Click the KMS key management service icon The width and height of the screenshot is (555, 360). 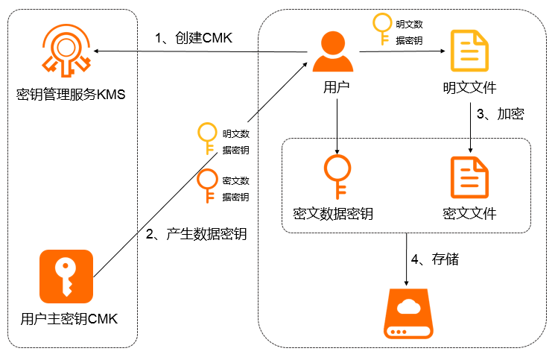click(x=65, y=49)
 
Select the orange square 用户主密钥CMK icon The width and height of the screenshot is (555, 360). click(x=66, y=277)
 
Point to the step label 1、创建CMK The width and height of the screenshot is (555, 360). click(x=194, y=38)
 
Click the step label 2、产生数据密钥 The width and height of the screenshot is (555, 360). click(x=196, y=234)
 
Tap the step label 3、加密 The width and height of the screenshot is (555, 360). click(x=500, y=114)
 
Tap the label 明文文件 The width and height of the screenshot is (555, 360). click(x=470, y=89)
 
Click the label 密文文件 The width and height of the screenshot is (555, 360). click(x=469, y=214)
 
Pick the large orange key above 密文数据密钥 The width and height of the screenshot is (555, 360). click(x=336, y=176)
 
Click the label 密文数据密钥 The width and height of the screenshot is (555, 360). click(x=336, y=214)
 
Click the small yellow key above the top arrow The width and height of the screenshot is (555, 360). click(x=381, y=29)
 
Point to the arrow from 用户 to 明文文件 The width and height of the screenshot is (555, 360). click(x=402, y=51)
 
